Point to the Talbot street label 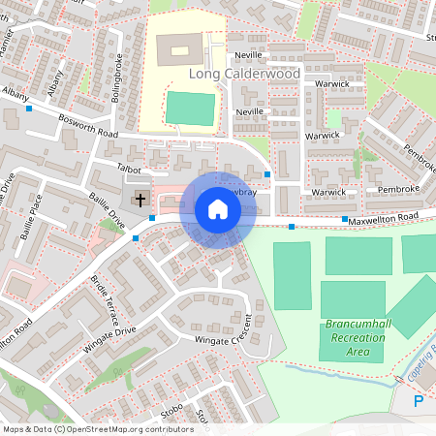click(129, 168)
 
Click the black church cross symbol click(140, 201)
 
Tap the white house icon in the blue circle click(217, 209)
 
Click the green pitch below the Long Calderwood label click(189, 108)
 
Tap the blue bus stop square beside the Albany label click(29, 109)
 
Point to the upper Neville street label click(249, 57)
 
